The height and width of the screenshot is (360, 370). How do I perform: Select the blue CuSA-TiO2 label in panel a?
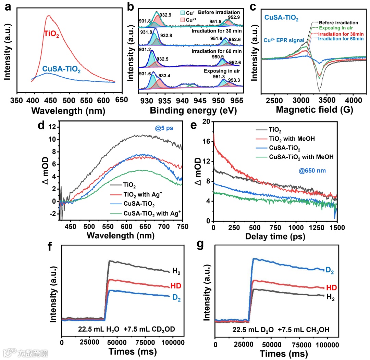(62, 70)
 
